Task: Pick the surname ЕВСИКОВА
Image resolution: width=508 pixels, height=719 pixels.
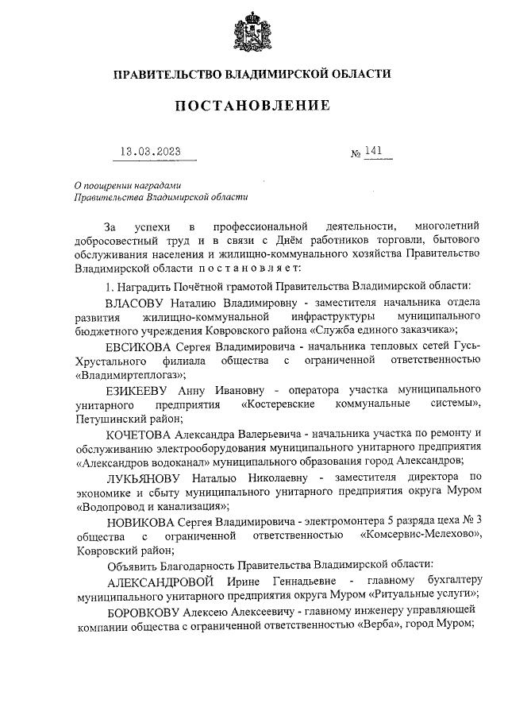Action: (x=137, y=346)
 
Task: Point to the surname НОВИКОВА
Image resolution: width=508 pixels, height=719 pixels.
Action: (x=138, y=520)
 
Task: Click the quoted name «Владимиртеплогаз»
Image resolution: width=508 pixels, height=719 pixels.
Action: (x=129, y=374)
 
